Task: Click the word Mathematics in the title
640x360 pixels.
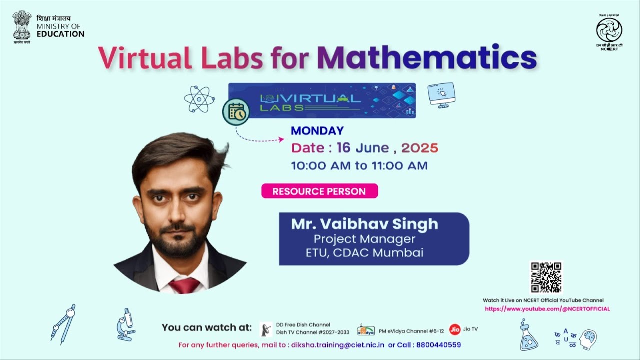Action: tap(426, 58)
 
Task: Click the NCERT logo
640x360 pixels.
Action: tap(609, 31)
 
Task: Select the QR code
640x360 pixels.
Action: tap(546, 277)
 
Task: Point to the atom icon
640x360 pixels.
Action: tap(199, 99)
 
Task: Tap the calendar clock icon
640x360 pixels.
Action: tap(236, 113)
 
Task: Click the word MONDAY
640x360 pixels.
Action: tap(317, 131)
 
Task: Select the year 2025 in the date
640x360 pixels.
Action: tap(419, 148)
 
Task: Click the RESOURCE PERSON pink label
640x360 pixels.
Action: tap(319, 191)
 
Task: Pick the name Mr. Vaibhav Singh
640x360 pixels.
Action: tap(364, 224)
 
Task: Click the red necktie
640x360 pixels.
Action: tap(184, 285)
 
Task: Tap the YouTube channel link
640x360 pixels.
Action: tap(547, 309)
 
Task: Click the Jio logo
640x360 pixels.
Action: tap(454, 329)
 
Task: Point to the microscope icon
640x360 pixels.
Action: tap(126, 324)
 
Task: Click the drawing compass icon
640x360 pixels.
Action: tap(63, 324)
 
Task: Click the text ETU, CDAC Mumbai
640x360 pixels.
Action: tap(364, 252)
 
